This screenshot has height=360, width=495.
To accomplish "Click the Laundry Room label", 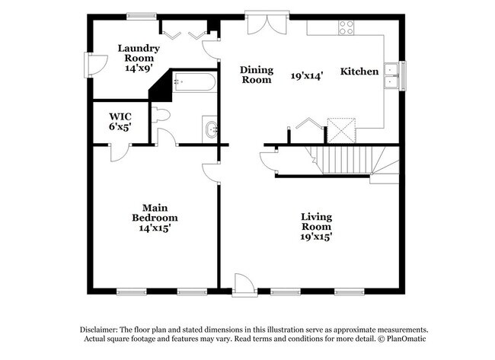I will point(138,58).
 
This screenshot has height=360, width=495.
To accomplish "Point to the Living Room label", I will point(315,226).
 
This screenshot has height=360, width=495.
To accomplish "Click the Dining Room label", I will point(257,75).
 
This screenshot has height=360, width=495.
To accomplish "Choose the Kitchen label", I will point(359,72).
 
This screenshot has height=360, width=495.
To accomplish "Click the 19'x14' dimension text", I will point(308,75).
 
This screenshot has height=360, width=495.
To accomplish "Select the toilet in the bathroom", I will point(161,115).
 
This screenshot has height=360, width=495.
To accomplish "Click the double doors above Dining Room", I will point(267,22).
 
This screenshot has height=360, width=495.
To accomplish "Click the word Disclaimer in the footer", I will point(103,329).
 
